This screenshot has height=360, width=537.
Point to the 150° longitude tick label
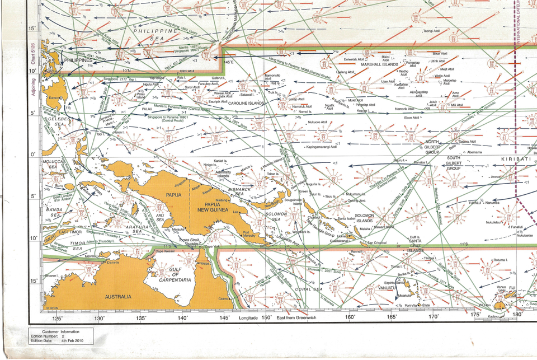(x=267, y=317)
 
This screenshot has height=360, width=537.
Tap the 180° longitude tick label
(x=517, y=315)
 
